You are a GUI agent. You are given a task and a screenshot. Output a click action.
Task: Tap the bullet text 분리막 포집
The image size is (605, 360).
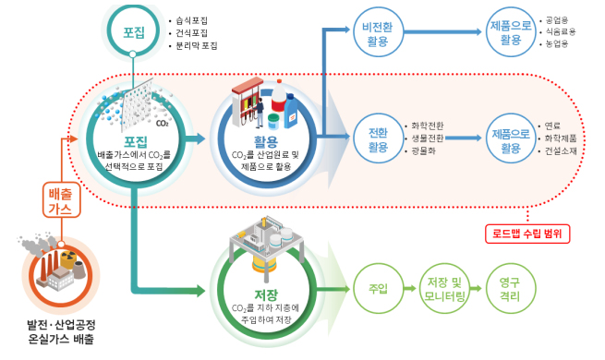pos(196,44)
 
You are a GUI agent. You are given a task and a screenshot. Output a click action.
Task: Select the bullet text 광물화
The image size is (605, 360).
pos(425,150)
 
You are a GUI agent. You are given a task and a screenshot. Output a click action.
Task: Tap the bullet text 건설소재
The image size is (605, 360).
pos(564,150)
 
